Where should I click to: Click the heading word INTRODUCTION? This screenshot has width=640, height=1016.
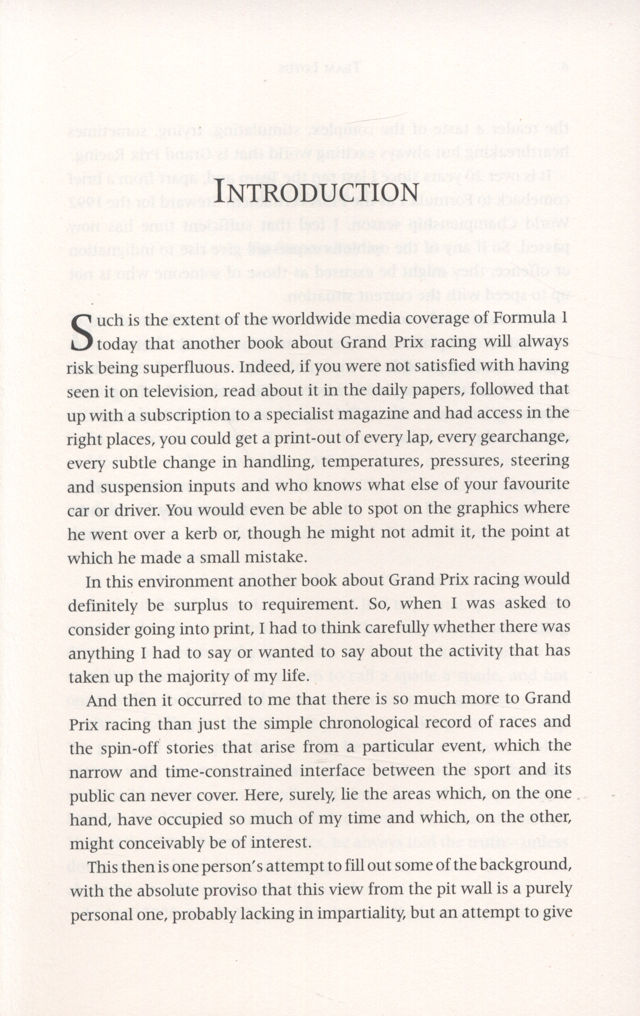click(316, 193)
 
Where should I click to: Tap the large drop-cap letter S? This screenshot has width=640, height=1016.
click(81, 333)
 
